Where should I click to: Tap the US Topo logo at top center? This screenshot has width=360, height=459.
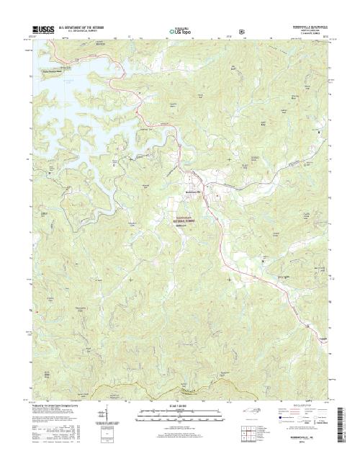click(180, 31)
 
